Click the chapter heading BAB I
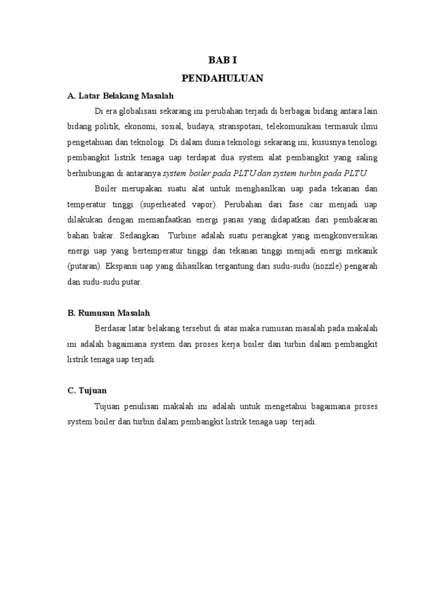click(222, 60)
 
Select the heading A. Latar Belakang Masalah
click(121, 95)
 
